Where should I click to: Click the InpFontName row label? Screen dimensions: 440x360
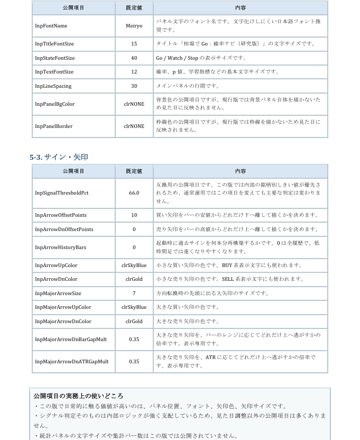[51, 26]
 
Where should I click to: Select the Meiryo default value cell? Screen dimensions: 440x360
[134, 26]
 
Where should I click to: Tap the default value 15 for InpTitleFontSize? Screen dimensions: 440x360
[134, 44]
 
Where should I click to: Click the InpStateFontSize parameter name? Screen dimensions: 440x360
[55, 58]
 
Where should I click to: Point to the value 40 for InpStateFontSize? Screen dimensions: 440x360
[134, 58]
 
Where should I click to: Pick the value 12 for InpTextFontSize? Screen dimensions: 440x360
[134, 72]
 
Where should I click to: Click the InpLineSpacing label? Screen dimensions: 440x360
[53, 86]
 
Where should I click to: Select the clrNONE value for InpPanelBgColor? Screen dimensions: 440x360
[134, 104]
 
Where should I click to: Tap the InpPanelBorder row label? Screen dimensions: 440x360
[53, 126]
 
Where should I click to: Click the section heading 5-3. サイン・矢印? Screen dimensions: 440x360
[59, 157]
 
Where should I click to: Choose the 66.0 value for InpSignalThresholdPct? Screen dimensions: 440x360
[134, 193]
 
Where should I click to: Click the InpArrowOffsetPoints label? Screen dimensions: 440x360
[61, 215]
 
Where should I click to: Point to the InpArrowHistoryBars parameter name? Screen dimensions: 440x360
[60, 247]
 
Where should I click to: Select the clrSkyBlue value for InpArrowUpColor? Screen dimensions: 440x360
[134, 265]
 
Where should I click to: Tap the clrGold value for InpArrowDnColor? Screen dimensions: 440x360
[134, 279]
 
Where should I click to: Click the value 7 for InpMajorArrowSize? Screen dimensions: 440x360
[134, 294]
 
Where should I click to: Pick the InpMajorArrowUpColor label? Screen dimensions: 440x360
[63, 307]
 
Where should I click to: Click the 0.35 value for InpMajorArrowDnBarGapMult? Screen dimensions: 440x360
[134, 340]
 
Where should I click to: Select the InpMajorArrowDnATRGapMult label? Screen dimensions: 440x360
[71, 362]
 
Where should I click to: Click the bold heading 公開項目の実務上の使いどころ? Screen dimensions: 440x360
[78, 396]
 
